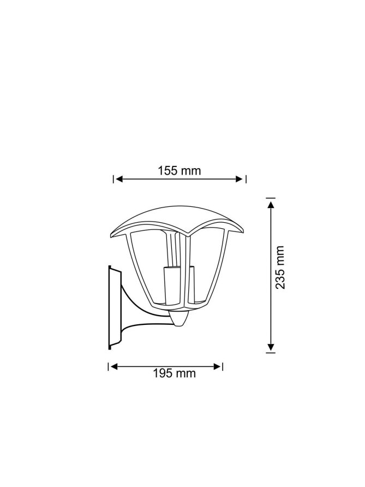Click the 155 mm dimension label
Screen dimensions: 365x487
coord(179,170)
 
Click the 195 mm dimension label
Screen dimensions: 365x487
coord(174,373)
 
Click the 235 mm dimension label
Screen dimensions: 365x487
coord(280,268)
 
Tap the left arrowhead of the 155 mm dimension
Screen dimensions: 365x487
coord(119,179)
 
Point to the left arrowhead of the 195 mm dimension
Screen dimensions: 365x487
coord(114,366)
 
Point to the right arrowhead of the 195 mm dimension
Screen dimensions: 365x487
coord(218,366)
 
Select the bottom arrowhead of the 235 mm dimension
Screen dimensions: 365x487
coord(271,347)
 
